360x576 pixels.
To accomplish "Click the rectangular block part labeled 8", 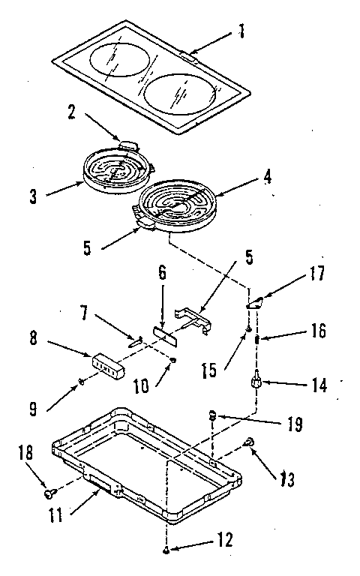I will [x=106, y=364].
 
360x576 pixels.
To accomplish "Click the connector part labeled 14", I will [x=256, y=382].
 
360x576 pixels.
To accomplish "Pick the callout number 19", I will [x=295, y=424].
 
